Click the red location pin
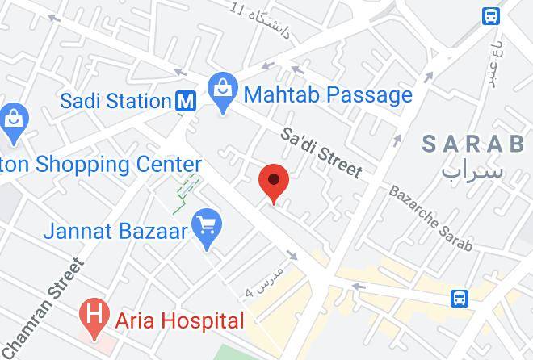pos(274,182)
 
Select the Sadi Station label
pos(116,101)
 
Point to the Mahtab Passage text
pos(328,95)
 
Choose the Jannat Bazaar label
pos(115,231)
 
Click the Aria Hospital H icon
pos(94,313)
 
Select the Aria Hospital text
pos(179,320)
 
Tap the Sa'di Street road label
pos(321,153)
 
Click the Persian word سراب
pos(473,170)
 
